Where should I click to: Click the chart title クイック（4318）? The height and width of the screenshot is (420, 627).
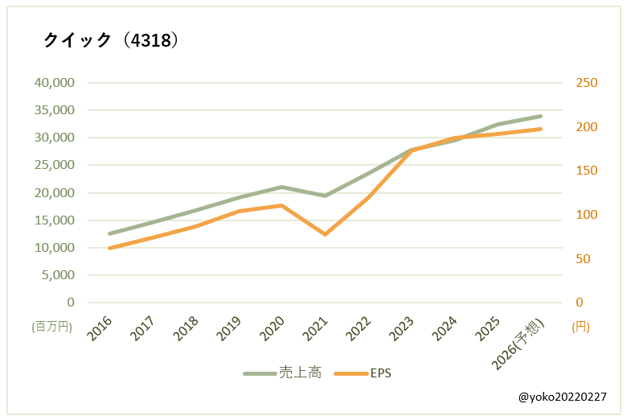click(x=110, y=40)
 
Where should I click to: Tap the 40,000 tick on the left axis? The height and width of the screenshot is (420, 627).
click(x=53, y=83)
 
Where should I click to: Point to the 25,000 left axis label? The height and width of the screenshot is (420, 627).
click(x=53, y=165)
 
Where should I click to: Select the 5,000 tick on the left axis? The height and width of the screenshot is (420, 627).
click(x=58, y=275)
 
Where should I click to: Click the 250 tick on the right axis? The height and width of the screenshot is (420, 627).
click(x=584, y=83)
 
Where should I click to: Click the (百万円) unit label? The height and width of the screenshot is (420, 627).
click(x=53, y=327)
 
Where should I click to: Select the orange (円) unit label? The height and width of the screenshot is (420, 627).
click(x=580, y=327)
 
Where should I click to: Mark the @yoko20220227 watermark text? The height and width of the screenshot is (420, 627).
click(x=563, y=397)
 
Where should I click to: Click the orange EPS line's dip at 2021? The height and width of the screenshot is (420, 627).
click(x=326, y=234)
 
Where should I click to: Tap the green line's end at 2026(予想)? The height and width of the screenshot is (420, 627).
click(x=541, y=116)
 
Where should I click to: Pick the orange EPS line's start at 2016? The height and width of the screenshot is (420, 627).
click(x=109, y=248)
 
